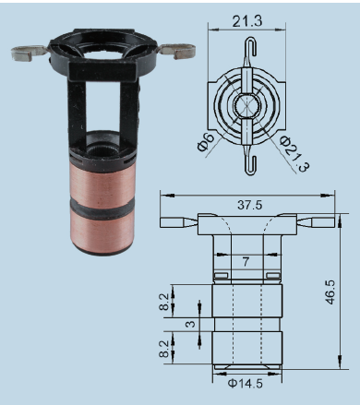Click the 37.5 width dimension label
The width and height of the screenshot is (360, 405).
pyautogui.click(x=250, y=205)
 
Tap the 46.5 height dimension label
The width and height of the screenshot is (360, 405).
pyautogui.click(x=330, y=292)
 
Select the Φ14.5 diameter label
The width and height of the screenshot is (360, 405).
pyautogui.click(x=246, y=384)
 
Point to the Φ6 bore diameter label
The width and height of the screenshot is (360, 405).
pyautogui.click(x=206, y=142)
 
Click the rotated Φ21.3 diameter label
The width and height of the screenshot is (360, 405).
pyautogui.click(x=294, y=153)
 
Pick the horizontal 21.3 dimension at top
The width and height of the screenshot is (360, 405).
pyautogui.click(x=247, y=21)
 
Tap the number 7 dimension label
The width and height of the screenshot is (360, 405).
pyautogui.click(x=246, y=262)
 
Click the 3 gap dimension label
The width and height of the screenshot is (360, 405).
pyautogui.click(x=191, y=324)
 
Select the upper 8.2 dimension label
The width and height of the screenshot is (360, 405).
pyautogui.click(x=164, y=302)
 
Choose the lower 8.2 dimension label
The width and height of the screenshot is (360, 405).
pyautogui.click(x=164, y=349)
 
